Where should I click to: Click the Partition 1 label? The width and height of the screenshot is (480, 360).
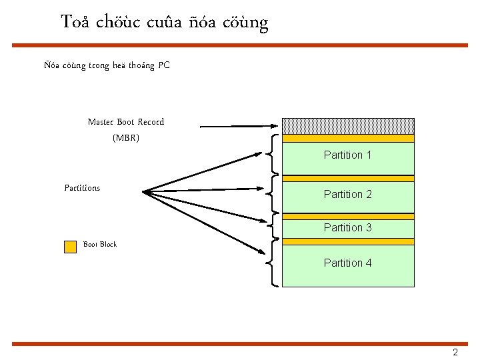[347, 155]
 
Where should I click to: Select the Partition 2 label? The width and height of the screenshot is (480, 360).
[347, 194]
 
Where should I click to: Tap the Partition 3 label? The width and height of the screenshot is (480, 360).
[347, 227]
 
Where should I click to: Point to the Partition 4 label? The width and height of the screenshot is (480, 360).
[347, 263]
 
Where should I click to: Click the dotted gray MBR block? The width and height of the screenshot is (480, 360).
[348, 126]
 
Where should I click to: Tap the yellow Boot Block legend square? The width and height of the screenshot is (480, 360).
[70, 247]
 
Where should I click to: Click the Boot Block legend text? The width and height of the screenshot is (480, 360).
[100, 245]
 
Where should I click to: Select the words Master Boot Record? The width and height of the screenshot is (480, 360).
[125, 122]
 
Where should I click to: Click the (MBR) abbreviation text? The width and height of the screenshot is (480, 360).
[125, 138]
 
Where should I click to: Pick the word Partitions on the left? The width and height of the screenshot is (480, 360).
[82, 188]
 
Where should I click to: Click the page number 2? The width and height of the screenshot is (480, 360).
[455, 353]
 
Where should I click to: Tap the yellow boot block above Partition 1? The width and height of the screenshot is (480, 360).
[348, 139]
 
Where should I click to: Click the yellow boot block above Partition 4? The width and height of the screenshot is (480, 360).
[348, 241]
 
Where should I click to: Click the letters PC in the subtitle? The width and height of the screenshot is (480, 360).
[164, 65]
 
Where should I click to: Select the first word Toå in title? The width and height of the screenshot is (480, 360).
[75, 22]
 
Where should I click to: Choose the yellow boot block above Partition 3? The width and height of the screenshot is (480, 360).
[348, 217]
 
